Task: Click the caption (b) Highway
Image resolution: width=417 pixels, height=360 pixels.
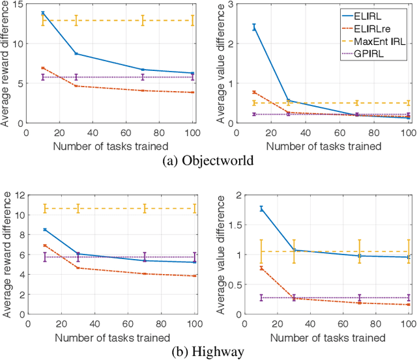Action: (208, 352)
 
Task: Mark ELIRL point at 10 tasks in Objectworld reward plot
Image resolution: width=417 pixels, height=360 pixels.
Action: (43, 13)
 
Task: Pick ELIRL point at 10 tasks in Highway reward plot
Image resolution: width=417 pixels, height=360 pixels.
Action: (43, 229)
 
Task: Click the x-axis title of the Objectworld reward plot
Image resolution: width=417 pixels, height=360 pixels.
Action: (111, 146)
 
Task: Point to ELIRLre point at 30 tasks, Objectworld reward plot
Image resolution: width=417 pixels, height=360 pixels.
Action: (76, 86)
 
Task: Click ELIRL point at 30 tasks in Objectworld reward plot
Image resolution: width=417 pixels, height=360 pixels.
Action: (76, 53)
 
